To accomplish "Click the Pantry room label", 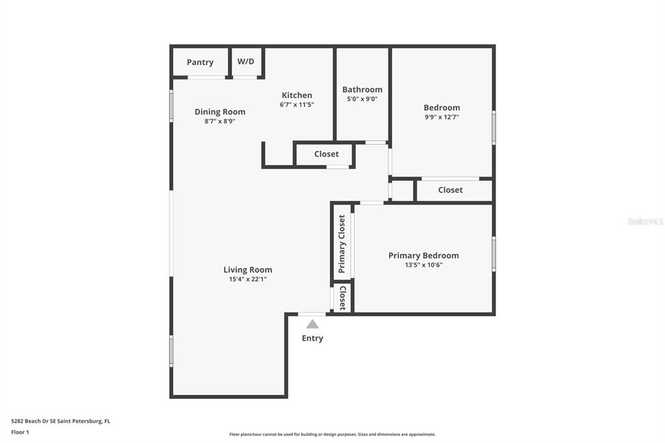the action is [x=200, y=62].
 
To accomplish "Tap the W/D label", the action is [x=246, y=62].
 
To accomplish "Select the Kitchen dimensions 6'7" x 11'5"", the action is [x=297, y=105].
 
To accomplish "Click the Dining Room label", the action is [x=220, y=112].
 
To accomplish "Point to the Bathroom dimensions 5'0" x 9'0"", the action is [x=362, y=99].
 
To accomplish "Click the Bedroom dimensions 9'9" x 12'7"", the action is [x=442, y=117].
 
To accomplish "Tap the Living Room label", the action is [x=247, y=270].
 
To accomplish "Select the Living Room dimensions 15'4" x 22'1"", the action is [x=247, y=279].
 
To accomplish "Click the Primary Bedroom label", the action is [x=423, y=255].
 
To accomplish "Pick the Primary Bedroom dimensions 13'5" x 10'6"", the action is [x=423, y=265].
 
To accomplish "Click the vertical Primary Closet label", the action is [x=342, y=244].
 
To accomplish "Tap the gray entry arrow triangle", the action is [x=312, y=324].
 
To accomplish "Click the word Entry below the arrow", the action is [x=312, y=338].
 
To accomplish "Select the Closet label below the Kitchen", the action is [x=327, y=154].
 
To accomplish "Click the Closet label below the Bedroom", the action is [x=451, y=190].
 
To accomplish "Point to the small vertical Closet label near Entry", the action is [x=342, y=298].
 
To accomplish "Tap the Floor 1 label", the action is [x=20, y=433].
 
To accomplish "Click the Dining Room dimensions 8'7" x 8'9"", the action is [x=220, y=121].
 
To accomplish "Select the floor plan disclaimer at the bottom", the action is [x=332, y=435].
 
